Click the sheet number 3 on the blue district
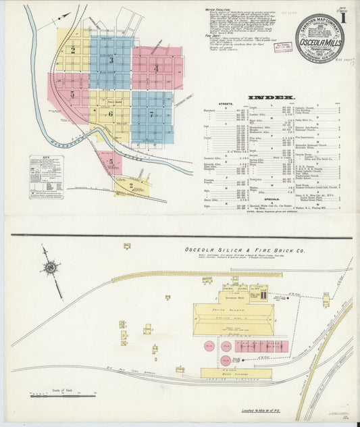[x=111, y=60]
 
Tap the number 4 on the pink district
[x=155, y=68]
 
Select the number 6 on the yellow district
[x=110, y=113]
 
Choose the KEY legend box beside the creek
[x=46, y=177]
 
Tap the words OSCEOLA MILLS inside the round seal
[x=319, y=39]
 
